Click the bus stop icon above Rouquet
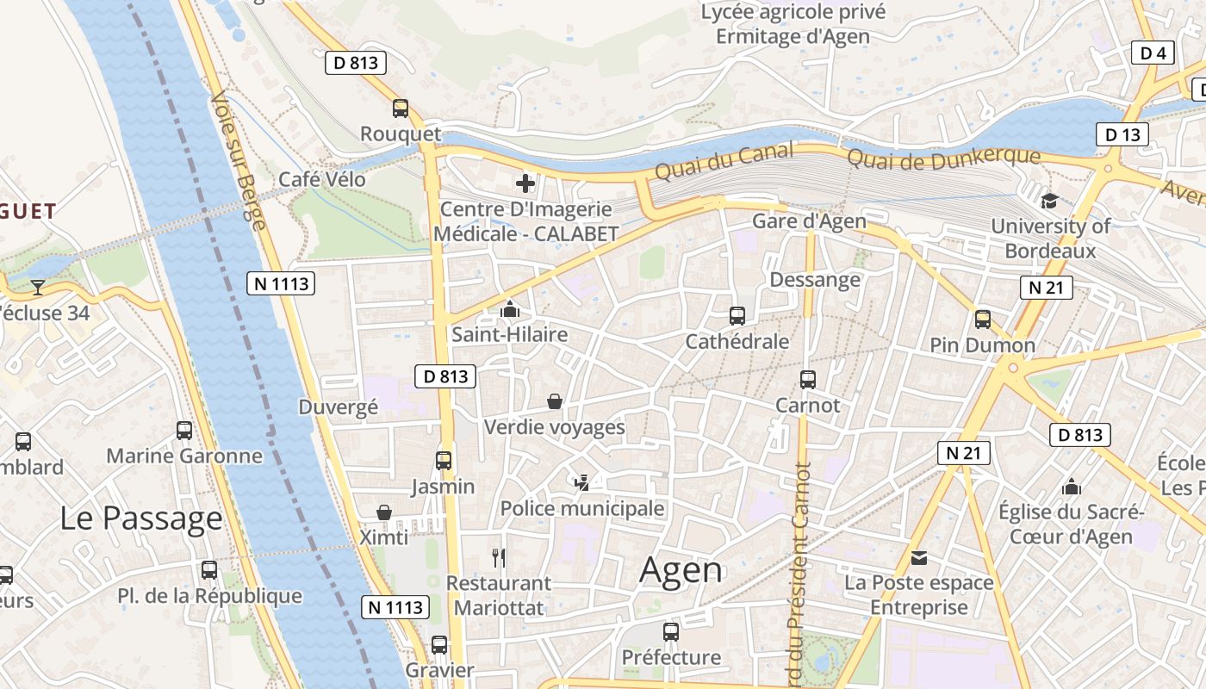(x=401, y=109)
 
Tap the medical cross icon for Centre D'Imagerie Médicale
(x=525, y=183)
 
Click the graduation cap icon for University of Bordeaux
(x=1049, y=201)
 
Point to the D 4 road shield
(x=1153, y=53)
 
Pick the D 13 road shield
(x=1122, y=134)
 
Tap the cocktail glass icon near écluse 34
(x=38, y=287)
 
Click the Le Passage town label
(x=141, y=518)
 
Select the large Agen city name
(x=681, y=570)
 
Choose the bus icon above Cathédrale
(x=737, y=316)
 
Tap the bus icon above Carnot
(x=808, y=380)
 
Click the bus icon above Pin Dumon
(x=983, y=320)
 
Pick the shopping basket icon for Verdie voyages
(x=555, y=401)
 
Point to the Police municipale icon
(x=583, y=482)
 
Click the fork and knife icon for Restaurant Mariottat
(x=498, y=557)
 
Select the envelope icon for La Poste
(x=919, y=558)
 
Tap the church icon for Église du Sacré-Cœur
(x=1072, y=487)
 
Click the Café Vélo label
(x=322, y=179)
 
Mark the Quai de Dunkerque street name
(x=943, y=158)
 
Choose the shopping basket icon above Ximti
(x=384, y=512)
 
